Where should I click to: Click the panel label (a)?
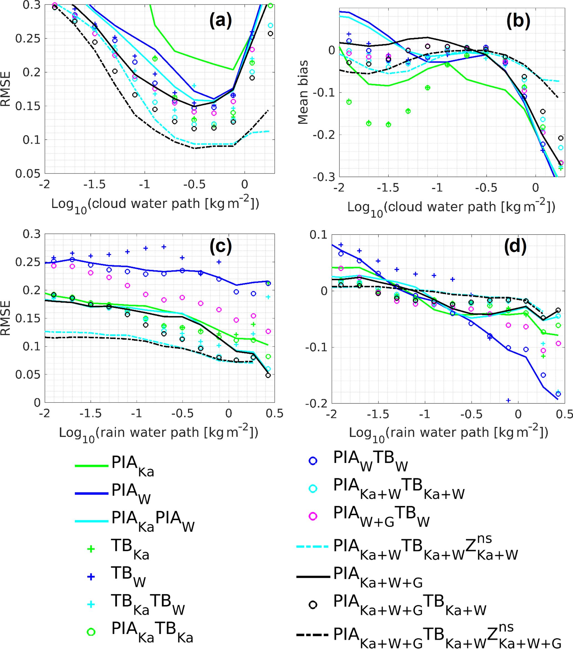(221, 21)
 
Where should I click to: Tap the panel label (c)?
(221, 246)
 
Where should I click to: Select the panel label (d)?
(515, 246)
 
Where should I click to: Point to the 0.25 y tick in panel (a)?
(28, 39)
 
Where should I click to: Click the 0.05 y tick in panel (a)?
(28, 173)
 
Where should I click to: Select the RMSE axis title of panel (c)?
(6, 318)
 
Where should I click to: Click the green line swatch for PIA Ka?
(91, 466)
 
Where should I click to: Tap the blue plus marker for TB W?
(91, 577)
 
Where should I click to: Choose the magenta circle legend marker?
(313, 516)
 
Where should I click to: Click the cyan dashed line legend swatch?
(312, 547)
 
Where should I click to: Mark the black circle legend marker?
(313, 605)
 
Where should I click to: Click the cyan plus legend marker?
(91, 604)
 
